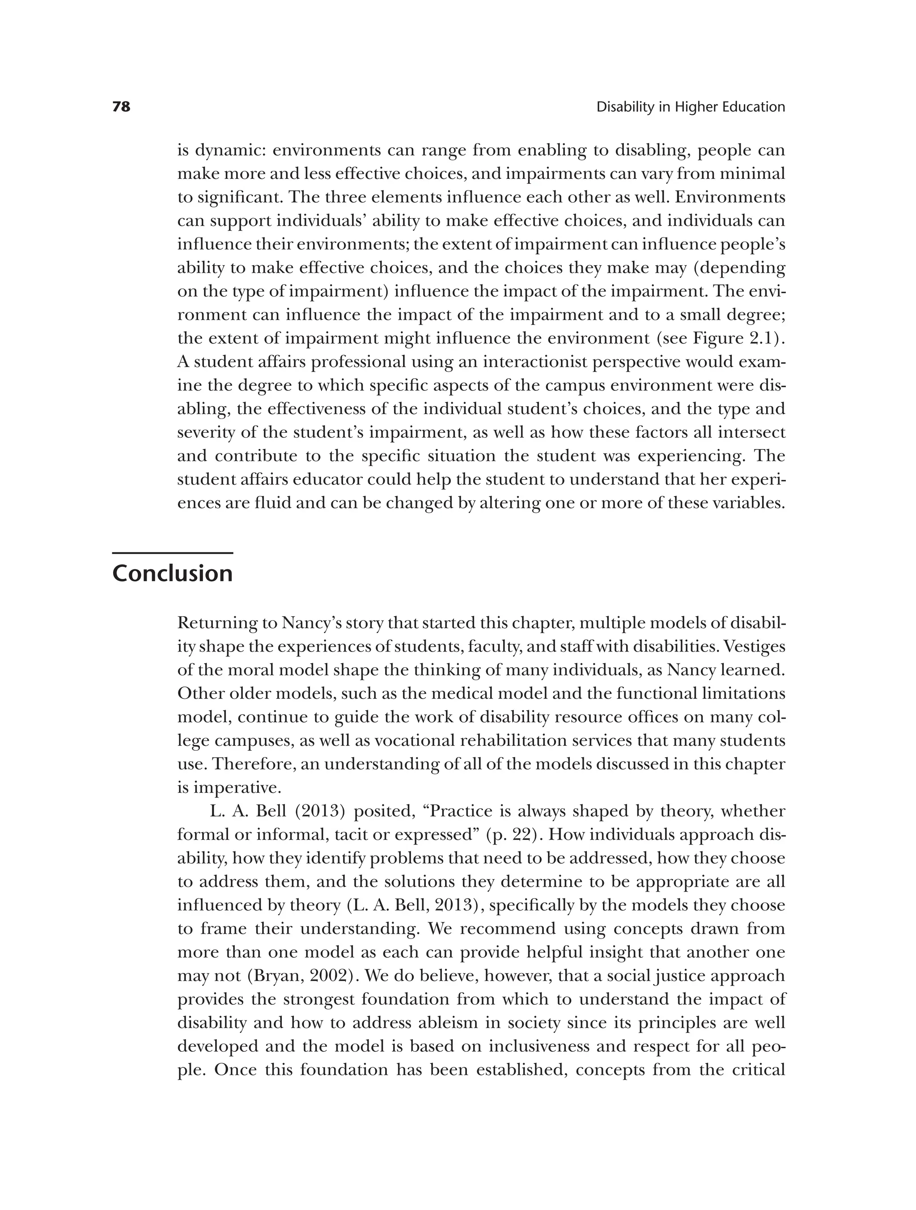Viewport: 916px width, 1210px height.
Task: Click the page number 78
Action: (x=122, y=107)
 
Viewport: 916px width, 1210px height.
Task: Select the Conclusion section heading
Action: (x=172, y=574)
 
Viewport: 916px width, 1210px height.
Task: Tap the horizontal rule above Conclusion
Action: (x=172, y=553)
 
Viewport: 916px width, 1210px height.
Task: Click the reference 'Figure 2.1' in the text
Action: (x=734, y=338)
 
